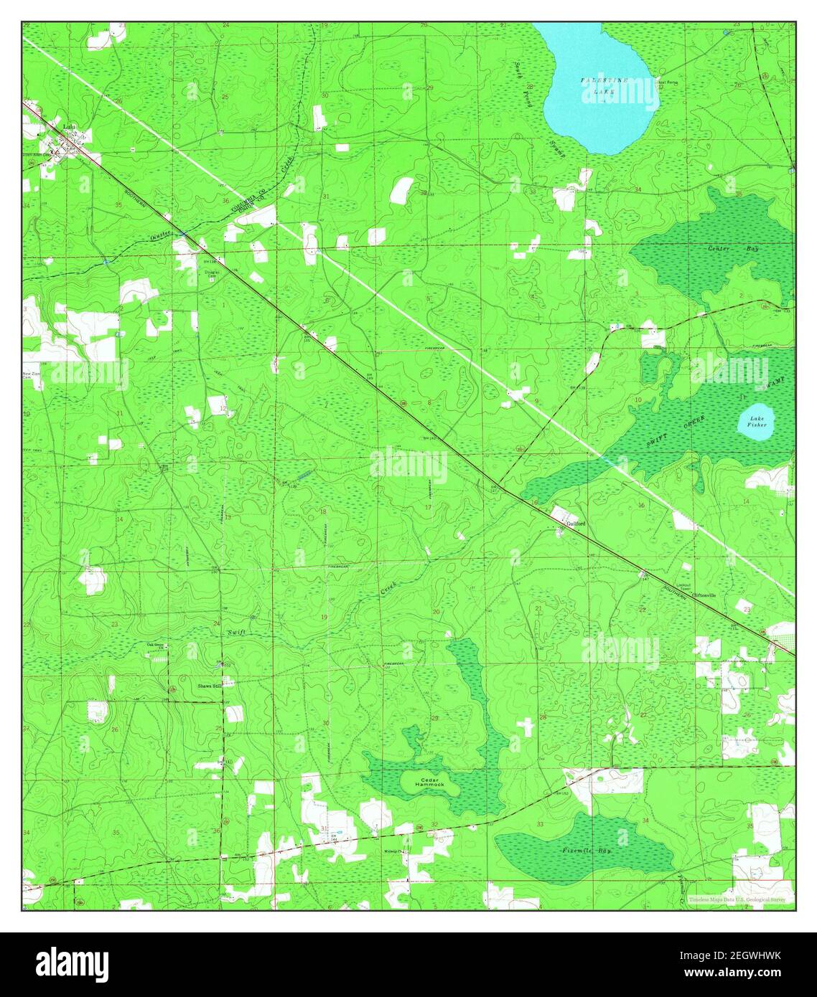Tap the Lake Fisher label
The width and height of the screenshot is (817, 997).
(x=757, y=421)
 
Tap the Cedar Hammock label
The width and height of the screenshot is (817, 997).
(x=429, y=782)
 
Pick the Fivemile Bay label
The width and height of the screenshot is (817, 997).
(x=585, y=851)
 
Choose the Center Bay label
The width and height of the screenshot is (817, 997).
(x=723, y=249)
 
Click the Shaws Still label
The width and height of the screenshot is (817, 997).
(x=209, y=686)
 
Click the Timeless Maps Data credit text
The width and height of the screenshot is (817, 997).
(x=736, y=899)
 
